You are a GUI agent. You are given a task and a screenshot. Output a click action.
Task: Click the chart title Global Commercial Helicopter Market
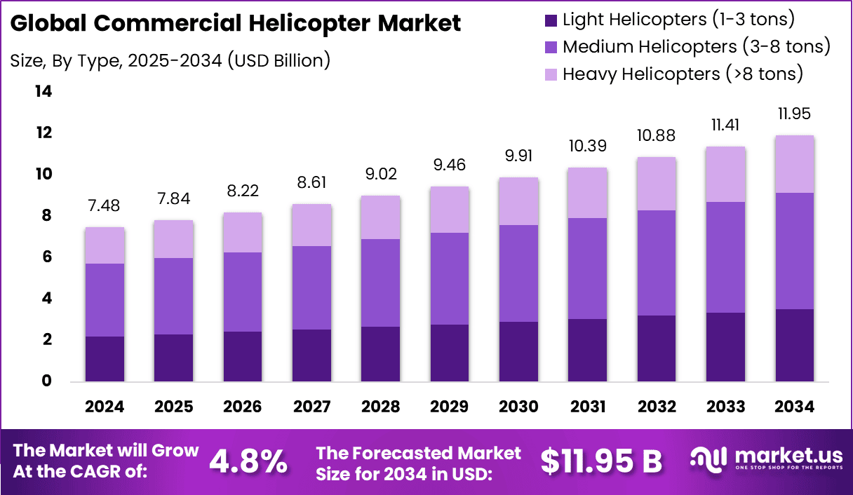pos(236,24)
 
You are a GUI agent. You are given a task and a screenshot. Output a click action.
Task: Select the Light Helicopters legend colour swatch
pos(550,20)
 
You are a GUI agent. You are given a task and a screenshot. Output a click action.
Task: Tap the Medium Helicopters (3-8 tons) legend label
pos(697,47)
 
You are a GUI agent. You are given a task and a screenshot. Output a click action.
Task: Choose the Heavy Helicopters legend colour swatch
pos(550,74)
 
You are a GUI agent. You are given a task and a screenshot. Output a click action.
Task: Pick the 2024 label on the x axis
pos(105,407)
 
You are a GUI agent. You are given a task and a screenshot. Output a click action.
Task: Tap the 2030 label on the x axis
pos(519,407)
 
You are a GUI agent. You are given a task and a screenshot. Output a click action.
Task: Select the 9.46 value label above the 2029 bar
pos(450,165)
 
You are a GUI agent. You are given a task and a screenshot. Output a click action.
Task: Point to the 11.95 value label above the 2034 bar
pos(795,114)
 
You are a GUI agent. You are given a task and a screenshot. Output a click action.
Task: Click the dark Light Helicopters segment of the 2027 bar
pos(312,355)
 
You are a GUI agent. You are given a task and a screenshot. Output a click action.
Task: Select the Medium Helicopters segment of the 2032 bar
pos(657,263)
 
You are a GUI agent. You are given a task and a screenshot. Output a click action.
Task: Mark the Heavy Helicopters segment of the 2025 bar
pos(174,239)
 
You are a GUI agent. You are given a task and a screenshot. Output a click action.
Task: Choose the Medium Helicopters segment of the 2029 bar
pos(450,278)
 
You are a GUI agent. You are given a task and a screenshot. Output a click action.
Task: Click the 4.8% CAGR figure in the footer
pos(248,461)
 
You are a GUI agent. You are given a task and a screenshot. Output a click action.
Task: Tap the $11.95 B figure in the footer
pos(601,461)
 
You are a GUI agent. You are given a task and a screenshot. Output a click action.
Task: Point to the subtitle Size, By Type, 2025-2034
pos(170,60)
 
